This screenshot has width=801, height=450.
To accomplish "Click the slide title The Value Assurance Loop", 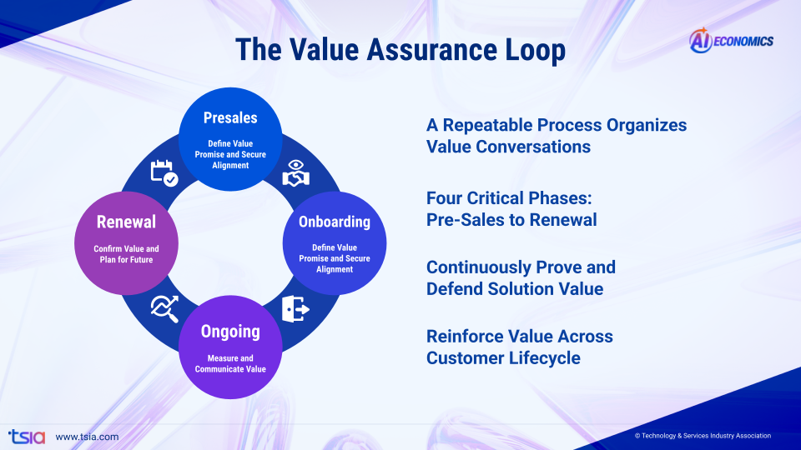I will tap(400, 49).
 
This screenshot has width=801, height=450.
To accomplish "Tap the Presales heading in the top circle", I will tap(230, 118).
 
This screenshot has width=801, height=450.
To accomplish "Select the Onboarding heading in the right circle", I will tap(335, 222).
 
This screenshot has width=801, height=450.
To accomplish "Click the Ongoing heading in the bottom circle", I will tap(230, 332).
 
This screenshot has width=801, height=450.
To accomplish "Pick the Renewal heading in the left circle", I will tap(126, 222).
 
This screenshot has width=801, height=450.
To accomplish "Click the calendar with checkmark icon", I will tap(164, 172).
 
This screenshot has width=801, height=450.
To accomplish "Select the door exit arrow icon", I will tap(296, 309).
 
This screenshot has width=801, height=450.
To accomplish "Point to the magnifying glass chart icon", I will tap(164, 309).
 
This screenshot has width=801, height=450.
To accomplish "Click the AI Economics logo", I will tap(731, 40).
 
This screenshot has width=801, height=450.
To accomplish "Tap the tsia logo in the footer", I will tap(22, 436).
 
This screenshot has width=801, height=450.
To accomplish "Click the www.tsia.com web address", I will tap(87, 437).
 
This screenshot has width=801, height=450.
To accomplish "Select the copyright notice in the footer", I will tap(703, 436).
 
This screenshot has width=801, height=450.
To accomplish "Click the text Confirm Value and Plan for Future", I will tap(126, 253).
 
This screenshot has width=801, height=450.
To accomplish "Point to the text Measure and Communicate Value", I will tap(230, 363).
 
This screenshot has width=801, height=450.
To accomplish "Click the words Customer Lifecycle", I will tap(503, 358).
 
